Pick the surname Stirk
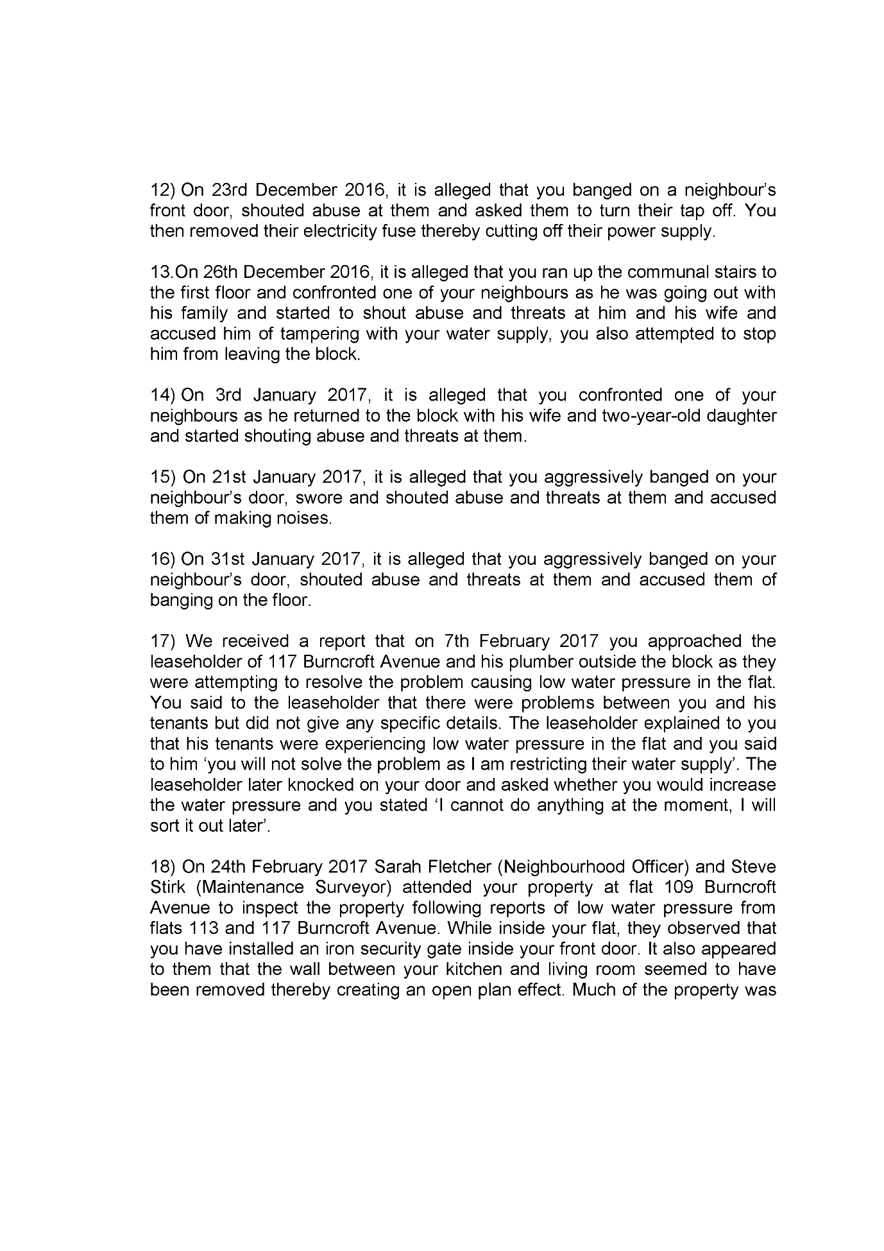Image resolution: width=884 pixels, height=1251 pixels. click(x=169, y=888)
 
